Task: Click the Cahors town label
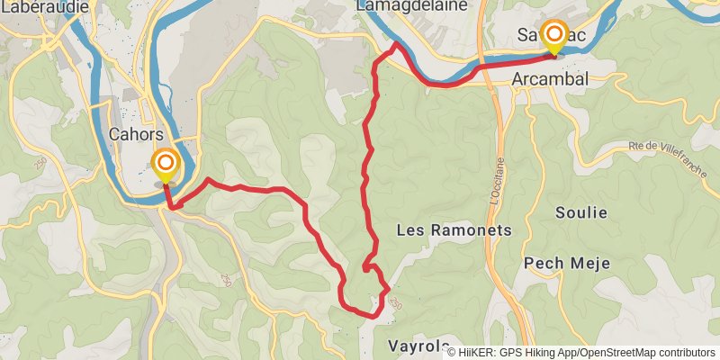[135, 133]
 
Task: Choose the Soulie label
[581, 213]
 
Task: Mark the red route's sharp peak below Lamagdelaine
[396, 42]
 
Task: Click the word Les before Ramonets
[410, 230]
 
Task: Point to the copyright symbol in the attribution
[452, 353]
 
